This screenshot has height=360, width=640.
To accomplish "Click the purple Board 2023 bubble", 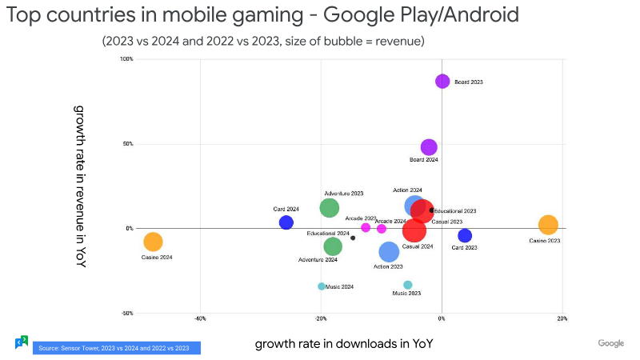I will point(442,82).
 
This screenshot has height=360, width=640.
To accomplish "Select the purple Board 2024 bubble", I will point(429,147).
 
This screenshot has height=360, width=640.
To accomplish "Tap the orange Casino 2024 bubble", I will point(153,242).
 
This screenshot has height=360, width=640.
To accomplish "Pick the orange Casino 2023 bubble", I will point(548,226).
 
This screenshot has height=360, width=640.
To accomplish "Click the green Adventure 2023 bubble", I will point(330,208).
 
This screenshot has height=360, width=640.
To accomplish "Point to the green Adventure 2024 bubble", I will point(333,246).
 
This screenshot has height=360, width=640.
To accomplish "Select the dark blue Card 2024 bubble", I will point(286,222).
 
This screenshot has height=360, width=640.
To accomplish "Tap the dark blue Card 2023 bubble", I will point(465,235).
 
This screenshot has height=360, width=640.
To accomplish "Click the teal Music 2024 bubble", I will point(322,286).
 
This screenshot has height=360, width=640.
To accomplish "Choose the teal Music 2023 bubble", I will point(408,285).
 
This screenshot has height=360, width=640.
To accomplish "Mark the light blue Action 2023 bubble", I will point(389,252).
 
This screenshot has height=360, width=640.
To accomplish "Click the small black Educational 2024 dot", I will point(353,238).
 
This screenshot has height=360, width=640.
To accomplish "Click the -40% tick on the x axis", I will point(200,318).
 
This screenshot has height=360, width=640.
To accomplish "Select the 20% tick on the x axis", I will point(562,318).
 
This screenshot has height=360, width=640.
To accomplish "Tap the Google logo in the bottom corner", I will point(610,343).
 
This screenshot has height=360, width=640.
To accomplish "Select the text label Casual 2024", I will point(418,246).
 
